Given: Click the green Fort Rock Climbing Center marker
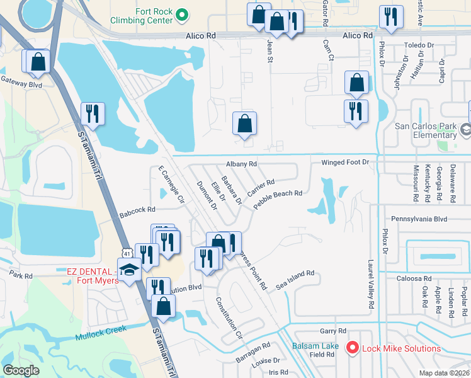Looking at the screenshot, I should click(182, 14).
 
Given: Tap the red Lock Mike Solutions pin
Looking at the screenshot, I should click(353, 348).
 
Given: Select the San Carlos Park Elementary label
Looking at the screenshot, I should click(425, 129).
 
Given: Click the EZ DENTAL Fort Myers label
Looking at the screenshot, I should click(93, 276).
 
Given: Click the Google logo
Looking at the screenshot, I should click(21, 370).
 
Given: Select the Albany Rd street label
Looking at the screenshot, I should click(242, 164).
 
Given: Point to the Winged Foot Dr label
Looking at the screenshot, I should click(344, 163).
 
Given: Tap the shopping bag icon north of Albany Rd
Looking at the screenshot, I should click(244, 123).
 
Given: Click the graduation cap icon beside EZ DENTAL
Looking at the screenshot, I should click(129, 270).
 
